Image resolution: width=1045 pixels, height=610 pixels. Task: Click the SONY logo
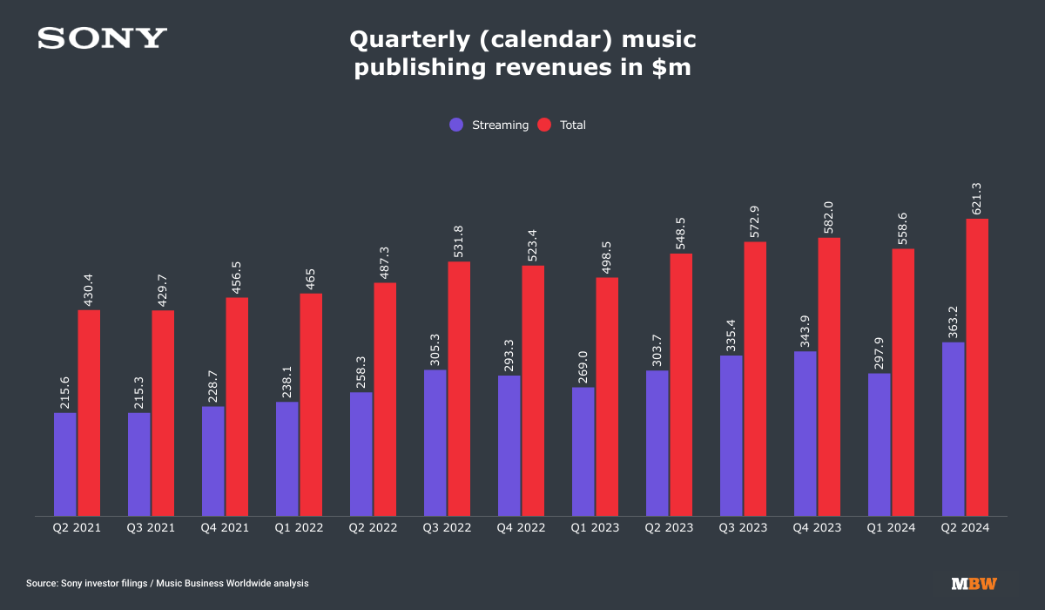point(102,38)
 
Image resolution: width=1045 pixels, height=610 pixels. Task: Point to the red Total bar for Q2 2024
point(977,367)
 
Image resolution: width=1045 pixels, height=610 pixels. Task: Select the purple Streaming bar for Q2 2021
point(65,464)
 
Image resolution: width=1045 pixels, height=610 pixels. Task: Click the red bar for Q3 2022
point(459,389)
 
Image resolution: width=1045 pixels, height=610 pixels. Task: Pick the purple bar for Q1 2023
point(583,451)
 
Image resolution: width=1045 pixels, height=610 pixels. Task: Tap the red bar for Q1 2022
point(311,404)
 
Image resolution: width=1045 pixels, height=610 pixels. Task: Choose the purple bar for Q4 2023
point(806,433)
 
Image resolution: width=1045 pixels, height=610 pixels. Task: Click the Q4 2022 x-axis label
point(521,528)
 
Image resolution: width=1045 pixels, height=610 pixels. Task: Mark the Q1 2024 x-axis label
point(891,528)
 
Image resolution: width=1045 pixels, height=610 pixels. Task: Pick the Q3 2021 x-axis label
point(151,528)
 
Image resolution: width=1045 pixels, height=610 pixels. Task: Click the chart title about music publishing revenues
point(522,54)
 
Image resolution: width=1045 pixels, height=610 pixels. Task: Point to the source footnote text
point(167,584)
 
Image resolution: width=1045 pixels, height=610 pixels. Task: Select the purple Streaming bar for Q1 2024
point(880,444)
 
